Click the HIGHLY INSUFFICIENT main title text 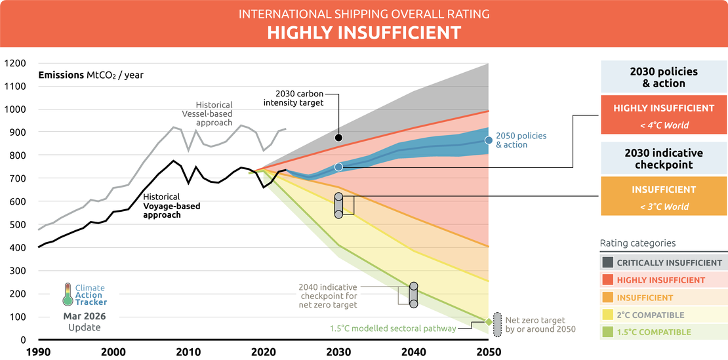(363, 33)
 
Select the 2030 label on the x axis (338, 351)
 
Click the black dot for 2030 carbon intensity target (338, 138)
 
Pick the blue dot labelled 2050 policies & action (489, 140)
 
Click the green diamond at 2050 (489, 321)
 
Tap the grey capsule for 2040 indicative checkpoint (413, 295)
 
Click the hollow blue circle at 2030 (338, 167)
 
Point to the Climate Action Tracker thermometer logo (68, 294)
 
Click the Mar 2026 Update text (85, 321)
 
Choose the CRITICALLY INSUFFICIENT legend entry (663, 262)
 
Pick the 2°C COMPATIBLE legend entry (663, 315)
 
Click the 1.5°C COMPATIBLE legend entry (663, 332)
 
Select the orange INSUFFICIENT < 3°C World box (663, 197)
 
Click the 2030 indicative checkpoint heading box (663, 158)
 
